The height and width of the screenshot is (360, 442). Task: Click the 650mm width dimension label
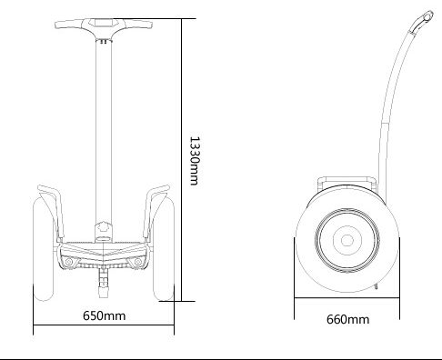tap(104, 315)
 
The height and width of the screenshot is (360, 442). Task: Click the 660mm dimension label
tap(347, 319)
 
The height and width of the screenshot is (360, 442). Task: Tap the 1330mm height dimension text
tap(195, 161)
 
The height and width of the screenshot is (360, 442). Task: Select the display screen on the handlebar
tap(104, 23)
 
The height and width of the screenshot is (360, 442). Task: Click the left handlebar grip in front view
tap(69, 24)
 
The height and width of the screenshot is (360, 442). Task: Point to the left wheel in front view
tap(44, 248)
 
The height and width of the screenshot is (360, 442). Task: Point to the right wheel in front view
tap(164, 248)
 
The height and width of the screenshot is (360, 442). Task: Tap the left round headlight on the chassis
tap(69, 262)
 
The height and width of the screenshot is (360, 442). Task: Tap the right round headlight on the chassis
tap(138, 262)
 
